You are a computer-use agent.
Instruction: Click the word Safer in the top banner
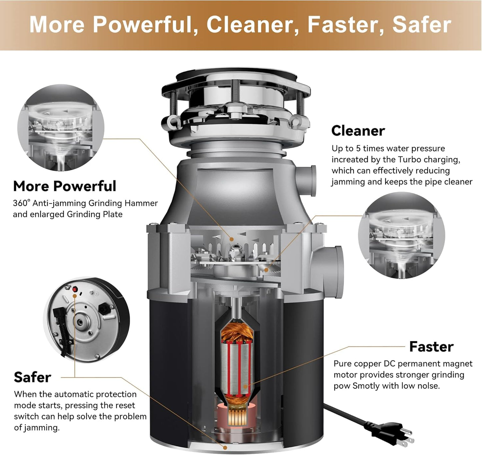422,25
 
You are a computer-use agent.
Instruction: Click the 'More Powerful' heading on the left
64,186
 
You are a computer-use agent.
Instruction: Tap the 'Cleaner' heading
358,131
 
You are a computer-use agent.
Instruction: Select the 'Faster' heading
431,347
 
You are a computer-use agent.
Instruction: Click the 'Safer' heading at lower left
32,378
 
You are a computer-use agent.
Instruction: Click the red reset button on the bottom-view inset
75,289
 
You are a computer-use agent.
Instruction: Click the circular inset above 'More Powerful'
61,128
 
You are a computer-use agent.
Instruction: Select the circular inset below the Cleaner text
401,236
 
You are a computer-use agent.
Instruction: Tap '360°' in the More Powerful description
21,203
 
